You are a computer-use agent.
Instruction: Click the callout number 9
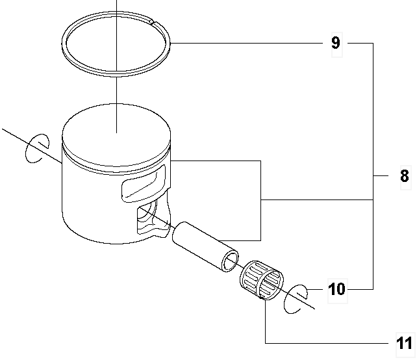pos(336,43)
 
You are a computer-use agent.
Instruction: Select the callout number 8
pos(405,176)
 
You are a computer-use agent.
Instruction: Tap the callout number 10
pos(336,289)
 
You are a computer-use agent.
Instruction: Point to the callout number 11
pos(404,344)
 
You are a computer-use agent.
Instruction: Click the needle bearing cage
pos(261,280)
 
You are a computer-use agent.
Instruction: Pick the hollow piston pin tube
pos(205,247)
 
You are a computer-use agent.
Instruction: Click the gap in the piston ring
pos(153,23)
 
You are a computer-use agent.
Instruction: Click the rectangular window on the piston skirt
pos(143,184)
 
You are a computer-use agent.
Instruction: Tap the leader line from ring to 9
pos(247,43)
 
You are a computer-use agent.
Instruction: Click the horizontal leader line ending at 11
pos(327,343)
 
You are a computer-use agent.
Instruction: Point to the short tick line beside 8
pos(381,176)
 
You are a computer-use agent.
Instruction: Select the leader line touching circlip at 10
pos(316,289)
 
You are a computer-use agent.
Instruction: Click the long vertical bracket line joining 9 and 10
pos(373,166)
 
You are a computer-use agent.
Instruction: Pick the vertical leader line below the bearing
pos(266,321)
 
